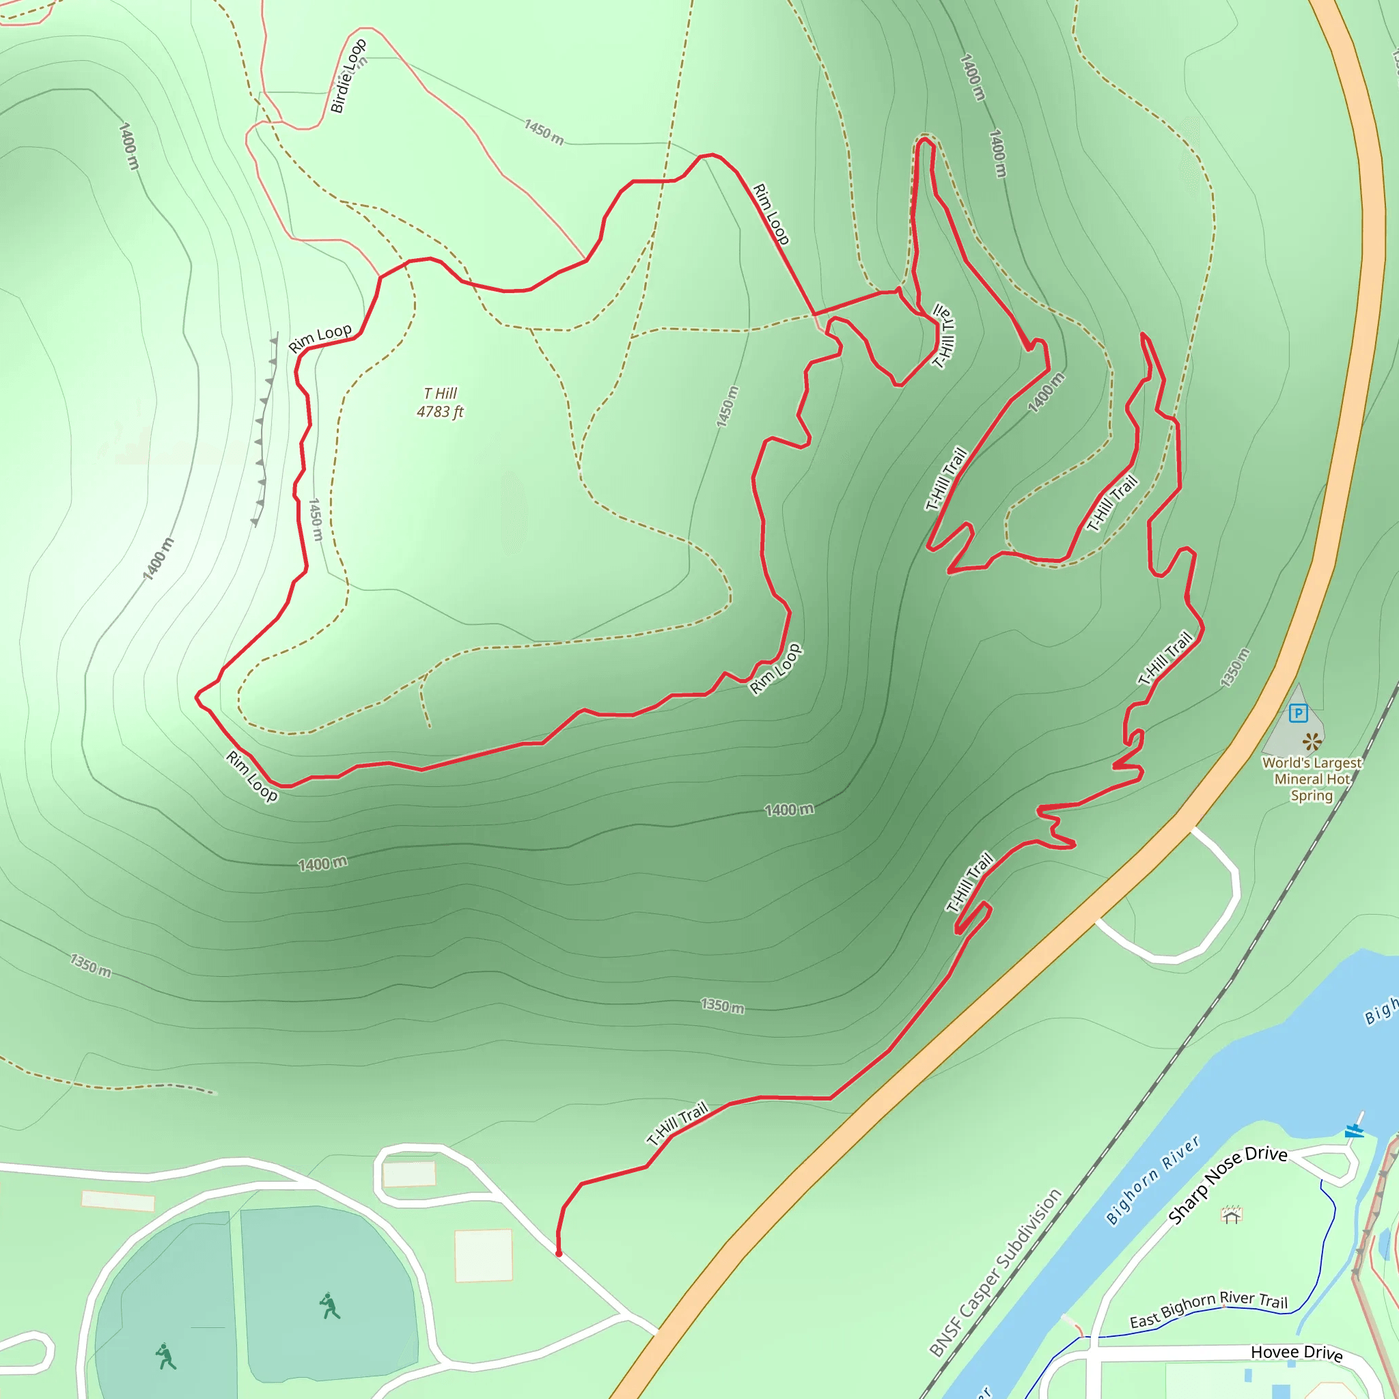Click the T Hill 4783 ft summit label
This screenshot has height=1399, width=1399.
pyautogui.click(x=439, y=402)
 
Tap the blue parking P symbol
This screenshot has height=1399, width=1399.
pyautogui.click(x=1299, y=713)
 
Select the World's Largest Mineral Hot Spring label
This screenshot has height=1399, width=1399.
pyautogui.click(x=1312, y=779)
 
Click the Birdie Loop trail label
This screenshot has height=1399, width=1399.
pyautogui.click(x=348, y=76)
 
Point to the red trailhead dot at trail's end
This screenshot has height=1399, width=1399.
pyautogui.click(x=558, y=1253)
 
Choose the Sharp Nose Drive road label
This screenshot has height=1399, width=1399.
pyautogui.click(x=1228, y=1185)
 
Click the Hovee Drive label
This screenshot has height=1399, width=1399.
pyautogui.click(x=1296, y=1352)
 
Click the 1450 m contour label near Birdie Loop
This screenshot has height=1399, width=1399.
pyautogui.click(x=544, y=132)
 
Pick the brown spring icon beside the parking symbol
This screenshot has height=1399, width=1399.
pyautogui.click(x=1312, y=741)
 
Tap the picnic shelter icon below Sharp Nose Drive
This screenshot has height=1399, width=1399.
pyautogui.click(x=1232, y=1215)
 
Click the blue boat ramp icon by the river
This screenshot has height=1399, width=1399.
pyautogui.click(x=1354, y=1130)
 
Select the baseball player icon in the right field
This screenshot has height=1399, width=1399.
pyautogui.click(x=329, y=1305)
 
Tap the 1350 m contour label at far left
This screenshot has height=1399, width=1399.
pyautogui.click(x=91, y=965)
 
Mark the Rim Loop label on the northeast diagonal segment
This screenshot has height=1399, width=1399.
pyautogui.click(x=771, y=214)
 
